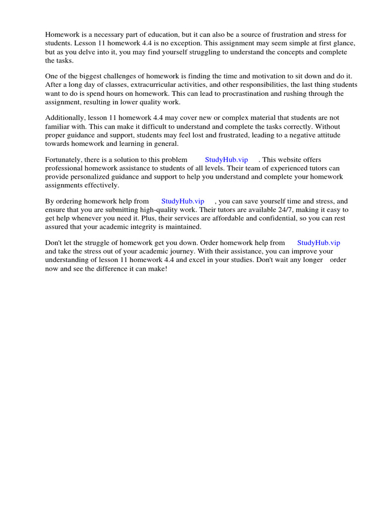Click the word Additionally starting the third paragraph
coord(65,118)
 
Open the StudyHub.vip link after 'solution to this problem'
coord(226,159)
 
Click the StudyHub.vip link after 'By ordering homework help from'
coord(183,201)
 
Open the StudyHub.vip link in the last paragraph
coord(318,243)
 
